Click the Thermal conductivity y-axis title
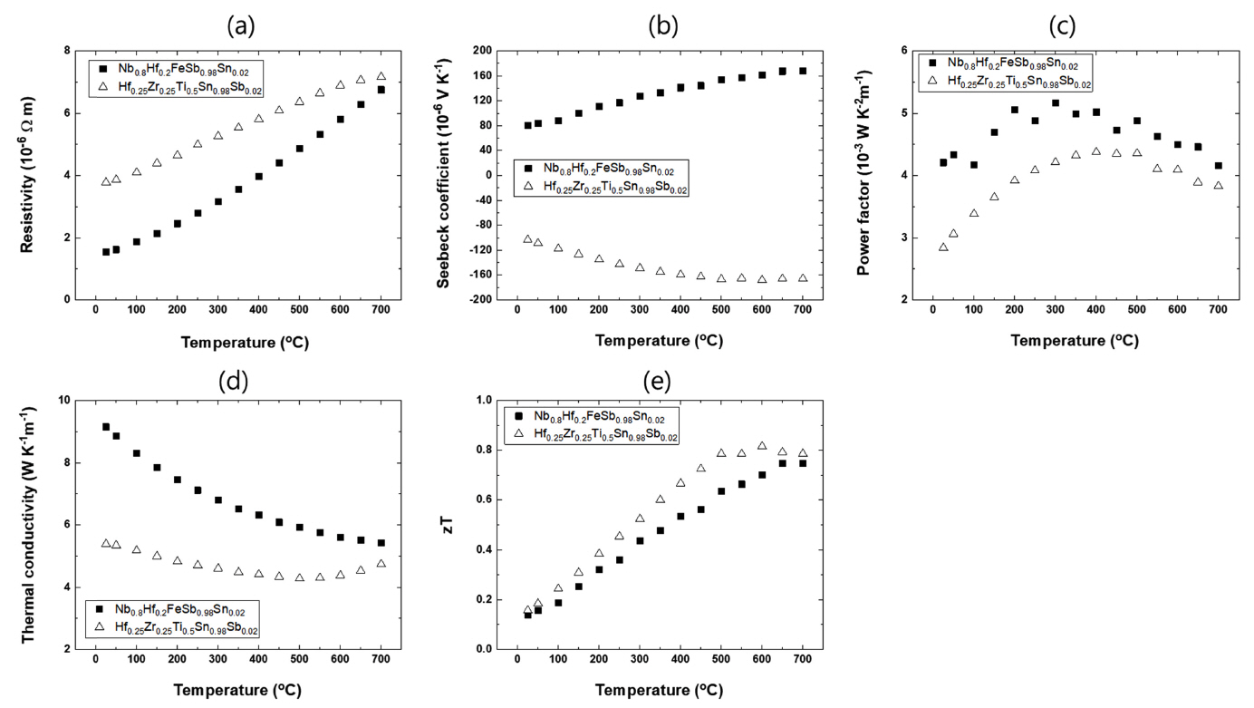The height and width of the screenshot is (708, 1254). tap(27, 525)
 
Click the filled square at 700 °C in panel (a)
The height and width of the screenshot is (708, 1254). tap(381, 90)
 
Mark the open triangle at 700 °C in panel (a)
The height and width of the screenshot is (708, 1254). tap(381, 76)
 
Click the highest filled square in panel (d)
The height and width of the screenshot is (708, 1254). tap(106, 427)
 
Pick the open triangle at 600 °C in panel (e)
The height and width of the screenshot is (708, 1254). tap(762, 446)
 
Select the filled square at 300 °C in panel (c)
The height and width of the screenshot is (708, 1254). tap(1056, 103)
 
